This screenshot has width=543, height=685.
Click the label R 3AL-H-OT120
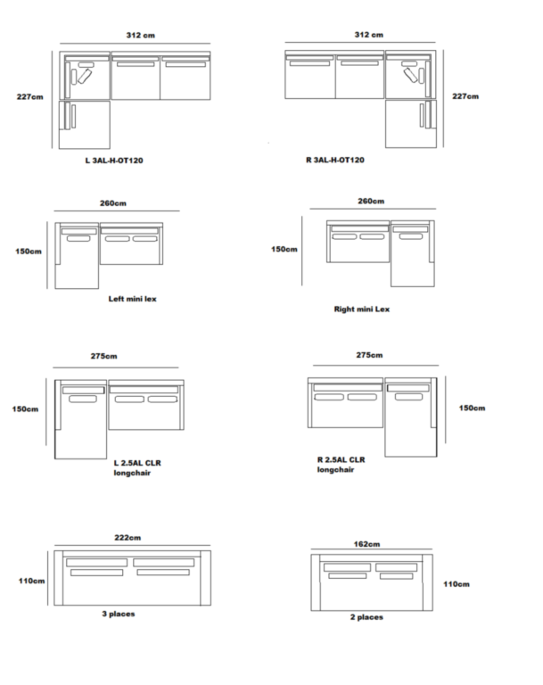coord(334,161)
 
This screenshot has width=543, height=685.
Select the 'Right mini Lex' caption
coord(362,309)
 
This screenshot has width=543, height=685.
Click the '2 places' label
coord(366,617)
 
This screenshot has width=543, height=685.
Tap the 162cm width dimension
coord(367,543)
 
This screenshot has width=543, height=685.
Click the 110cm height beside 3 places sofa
coord(32,580)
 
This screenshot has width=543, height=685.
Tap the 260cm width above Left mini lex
coord(112,202)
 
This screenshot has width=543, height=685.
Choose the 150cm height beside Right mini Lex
coord(284,249)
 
